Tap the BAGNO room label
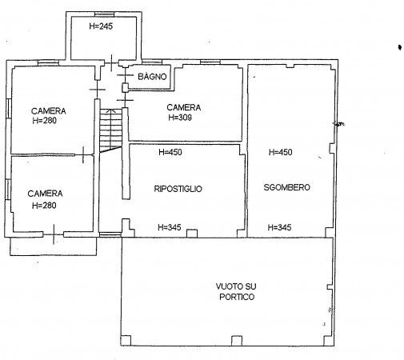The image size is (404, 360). (x=151, y=77)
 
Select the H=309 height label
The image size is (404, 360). (x=181, y=117)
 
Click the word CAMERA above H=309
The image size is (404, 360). (x=183, y=107)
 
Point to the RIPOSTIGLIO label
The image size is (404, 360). (x=178, y=189)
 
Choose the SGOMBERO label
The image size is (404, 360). (x=286, y=187)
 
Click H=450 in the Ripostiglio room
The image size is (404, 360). (x=171, y=152)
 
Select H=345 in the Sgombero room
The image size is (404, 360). (x=279, y=228)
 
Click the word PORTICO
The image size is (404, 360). (x=234, y=298)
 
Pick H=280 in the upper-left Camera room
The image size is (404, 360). (x=48, y=121)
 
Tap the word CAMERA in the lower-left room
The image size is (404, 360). (x=45, y=194)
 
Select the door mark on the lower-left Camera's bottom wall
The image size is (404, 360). (x=53, y=234)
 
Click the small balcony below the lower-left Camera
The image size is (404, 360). (x=53, y=246)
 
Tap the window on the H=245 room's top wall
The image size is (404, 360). (x=103, y=13)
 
